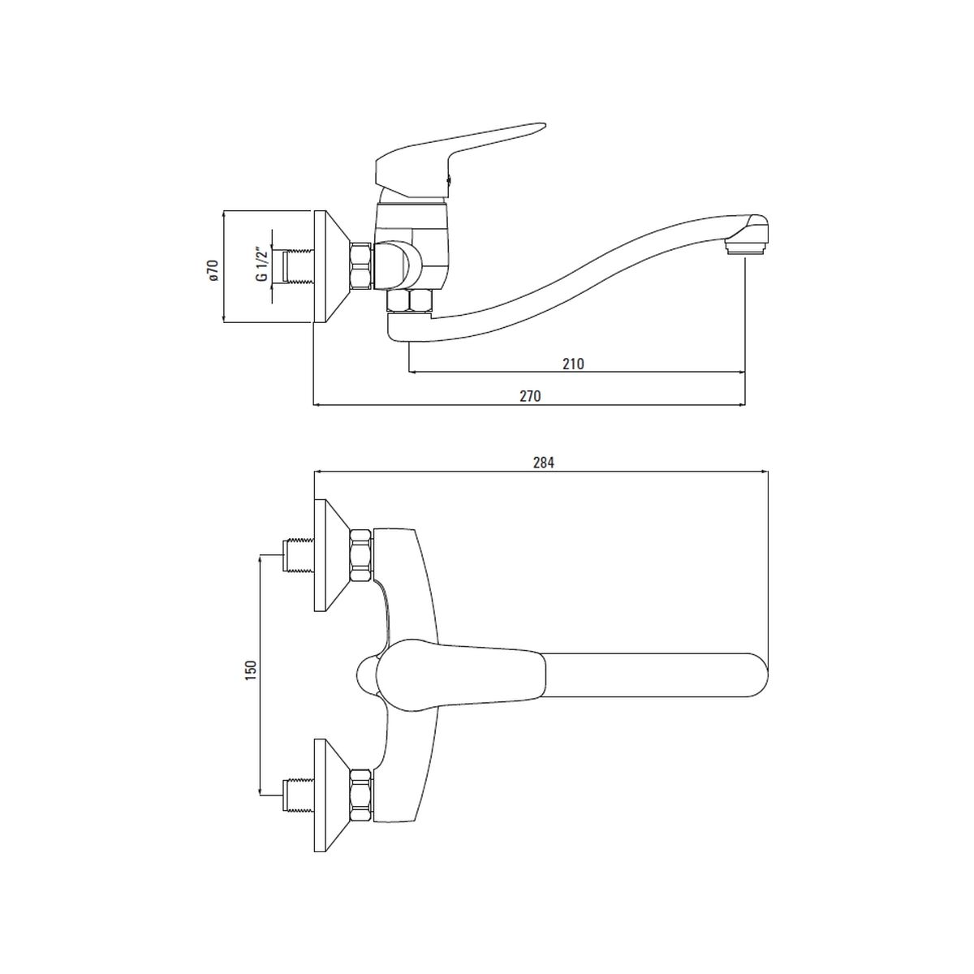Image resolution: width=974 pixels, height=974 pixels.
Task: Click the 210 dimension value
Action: pyautogui.click(x=573, y=364)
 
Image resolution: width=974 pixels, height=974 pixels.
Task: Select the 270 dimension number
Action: pyautogui.click(x=530, y=396)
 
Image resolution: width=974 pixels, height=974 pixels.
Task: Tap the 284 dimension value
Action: pyautogui.click(x=543, y=462)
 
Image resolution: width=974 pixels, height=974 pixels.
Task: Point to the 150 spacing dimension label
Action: pyautogui.click(x=251, y=669)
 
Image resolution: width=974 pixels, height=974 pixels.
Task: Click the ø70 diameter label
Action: pyautogui.click(x=213, y=270)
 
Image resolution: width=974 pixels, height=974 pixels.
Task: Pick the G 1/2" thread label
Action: pyautogui.click(x=261, y=265)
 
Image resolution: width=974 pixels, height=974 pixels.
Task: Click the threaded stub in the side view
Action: pyautogui.click(x=298, y=266)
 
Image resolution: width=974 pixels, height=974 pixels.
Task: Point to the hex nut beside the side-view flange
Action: pyautogui.click(x=361, y=266)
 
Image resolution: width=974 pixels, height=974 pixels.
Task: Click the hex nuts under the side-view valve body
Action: pyautogui.click(x=409, y=300)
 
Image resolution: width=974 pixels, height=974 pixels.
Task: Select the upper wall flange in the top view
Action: pyautogui.click(x=331, y=555)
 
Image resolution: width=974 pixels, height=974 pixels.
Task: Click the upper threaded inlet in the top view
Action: pyautogui.click(x=299, y=556)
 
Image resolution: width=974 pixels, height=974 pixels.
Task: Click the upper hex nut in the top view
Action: pyautogui.click(x=361, y=555)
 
